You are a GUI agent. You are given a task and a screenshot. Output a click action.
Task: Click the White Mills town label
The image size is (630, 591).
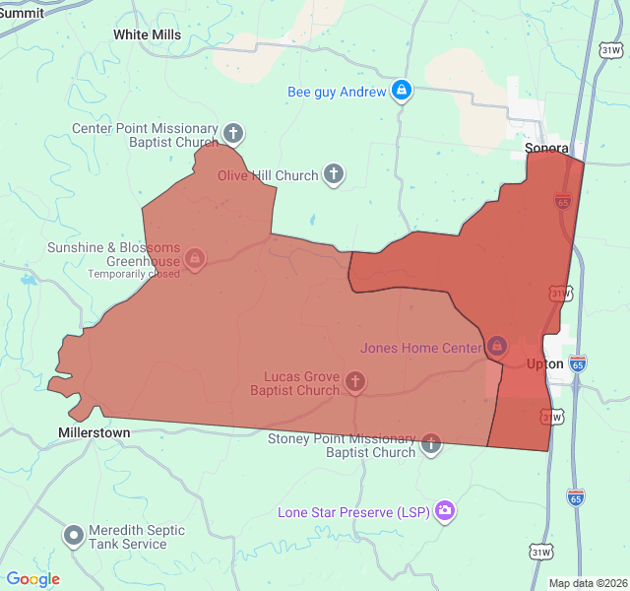point(147,34)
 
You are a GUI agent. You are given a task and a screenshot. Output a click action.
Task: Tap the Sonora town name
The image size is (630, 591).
point(546,149)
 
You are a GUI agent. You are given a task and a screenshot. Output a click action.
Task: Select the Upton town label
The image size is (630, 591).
point(545,363)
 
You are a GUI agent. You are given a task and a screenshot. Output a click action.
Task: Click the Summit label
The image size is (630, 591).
point(21,13)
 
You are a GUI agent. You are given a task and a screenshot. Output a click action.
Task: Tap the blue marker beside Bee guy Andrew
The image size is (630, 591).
point(401,92)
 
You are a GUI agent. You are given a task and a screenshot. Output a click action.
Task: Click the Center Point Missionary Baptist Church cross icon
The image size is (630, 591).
point(233,133)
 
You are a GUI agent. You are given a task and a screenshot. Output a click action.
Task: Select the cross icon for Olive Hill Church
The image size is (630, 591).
point(334,175)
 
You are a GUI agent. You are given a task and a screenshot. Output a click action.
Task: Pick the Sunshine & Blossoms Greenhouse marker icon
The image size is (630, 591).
point(195,259)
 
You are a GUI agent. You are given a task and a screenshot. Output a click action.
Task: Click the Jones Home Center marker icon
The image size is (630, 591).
point(497,346)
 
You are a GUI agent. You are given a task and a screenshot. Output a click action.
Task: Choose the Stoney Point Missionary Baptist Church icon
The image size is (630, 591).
point(431,444)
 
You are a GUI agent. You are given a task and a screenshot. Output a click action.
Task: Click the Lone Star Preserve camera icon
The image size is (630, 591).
point(445,510)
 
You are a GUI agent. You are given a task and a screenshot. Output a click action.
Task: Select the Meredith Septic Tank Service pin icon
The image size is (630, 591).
point(73,536)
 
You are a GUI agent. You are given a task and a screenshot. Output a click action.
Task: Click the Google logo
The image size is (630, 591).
point(32,579)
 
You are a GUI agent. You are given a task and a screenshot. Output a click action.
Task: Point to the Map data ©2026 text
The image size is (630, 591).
point(588,583)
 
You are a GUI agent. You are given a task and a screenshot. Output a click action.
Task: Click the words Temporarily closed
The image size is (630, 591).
point(134,274)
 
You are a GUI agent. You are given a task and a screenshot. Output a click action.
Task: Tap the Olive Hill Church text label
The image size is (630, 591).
point(268,175)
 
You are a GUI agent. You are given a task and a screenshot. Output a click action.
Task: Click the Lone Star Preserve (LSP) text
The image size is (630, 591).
point(353,512)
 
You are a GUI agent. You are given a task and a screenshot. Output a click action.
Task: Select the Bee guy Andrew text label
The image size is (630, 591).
point(337,92)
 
